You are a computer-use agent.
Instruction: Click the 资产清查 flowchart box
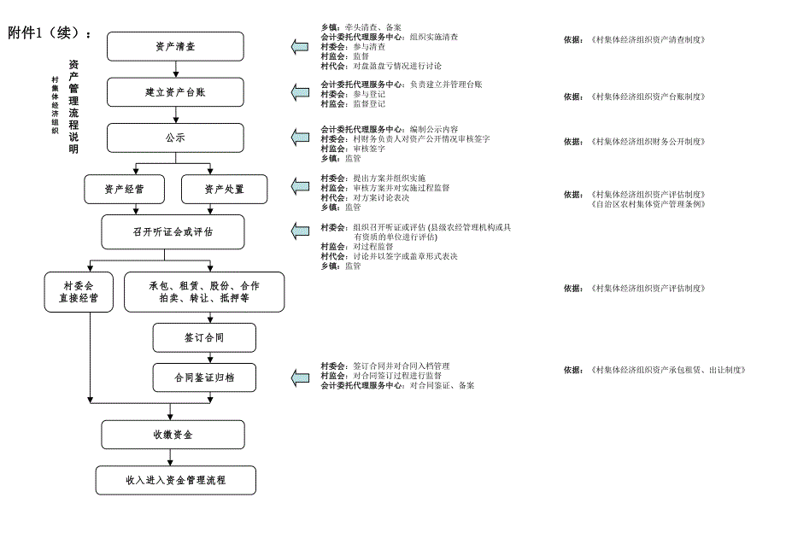(x=174, y=46)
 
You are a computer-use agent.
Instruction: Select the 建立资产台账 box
(x=174, y=91)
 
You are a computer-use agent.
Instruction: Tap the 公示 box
(x=174, y=137)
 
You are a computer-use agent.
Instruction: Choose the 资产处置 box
(x=224, y=189)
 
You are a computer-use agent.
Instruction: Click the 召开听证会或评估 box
(x=173, y=231)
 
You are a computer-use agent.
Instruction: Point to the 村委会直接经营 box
(x=78, y=291)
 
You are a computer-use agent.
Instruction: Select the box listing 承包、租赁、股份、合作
(x=203, y=291)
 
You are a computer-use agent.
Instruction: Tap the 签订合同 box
(x=204, y=337)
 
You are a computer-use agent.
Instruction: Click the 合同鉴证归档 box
(x=204, y=377)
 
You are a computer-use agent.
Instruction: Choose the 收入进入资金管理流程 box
(x=175, y=480)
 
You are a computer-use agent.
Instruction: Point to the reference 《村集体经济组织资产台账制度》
(x=647, y=97)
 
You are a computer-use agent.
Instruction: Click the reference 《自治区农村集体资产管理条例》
(x=647, y=204)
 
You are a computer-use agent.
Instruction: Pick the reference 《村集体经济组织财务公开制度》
(x=647, y=142)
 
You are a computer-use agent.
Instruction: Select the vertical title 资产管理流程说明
(x=73, y=107)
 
